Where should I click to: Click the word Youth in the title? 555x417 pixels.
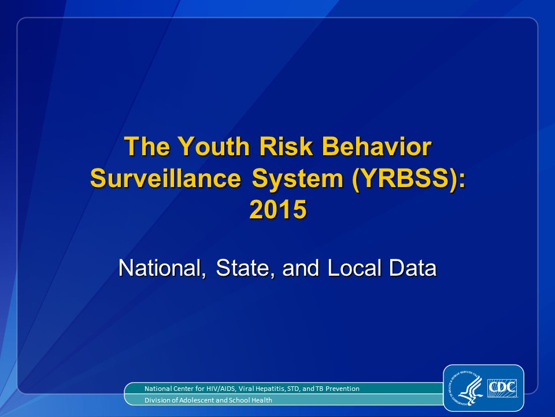[214, 146]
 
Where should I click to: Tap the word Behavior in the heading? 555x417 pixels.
[376, 146]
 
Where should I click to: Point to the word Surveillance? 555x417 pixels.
[166, 178]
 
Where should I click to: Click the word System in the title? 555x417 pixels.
[297, 179]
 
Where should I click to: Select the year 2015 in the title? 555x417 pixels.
[278, 209]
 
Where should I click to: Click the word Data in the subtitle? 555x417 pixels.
[413, 268]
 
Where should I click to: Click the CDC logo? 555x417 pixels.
[502, 388]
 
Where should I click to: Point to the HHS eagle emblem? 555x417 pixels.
[467, 388]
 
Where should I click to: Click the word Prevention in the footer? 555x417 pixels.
[342, 389]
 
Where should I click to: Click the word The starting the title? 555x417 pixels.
[147, 146]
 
